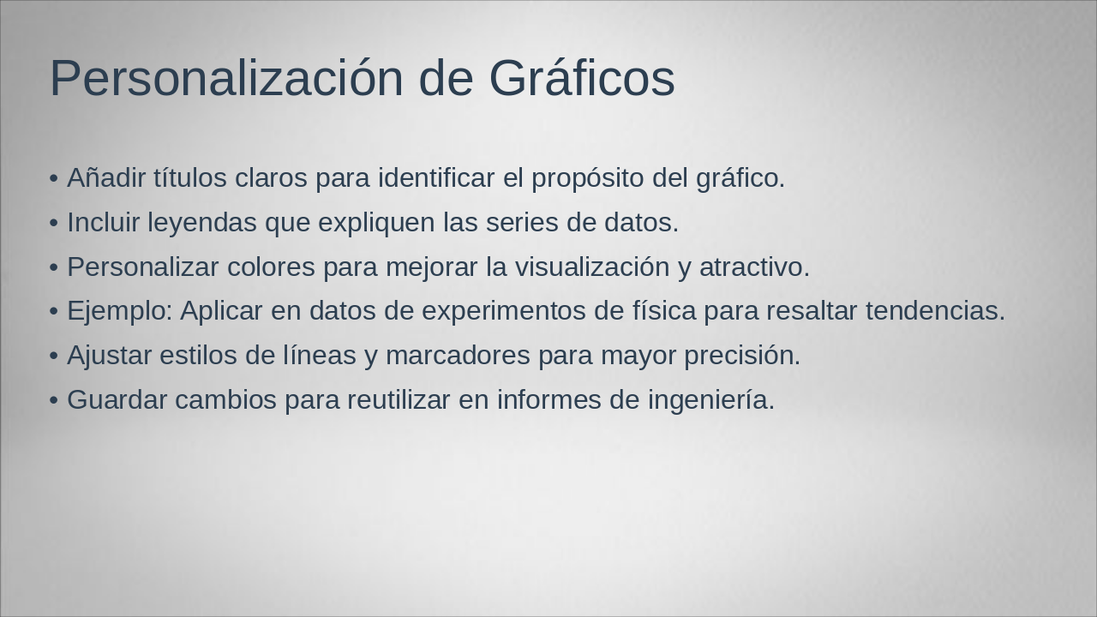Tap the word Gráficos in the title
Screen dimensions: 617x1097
(x=582, y=78)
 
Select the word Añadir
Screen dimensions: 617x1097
(x=106, y=178)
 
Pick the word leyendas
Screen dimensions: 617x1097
(x=201, y=223)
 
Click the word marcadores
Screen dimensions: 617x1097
(x=458, y=356)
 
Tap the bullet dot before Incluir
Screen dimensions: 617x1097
(x=54, y=224)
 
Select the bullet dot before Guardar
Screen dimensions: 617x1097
(x=54, y=401)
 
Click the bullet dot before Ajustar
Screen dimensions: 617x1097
(x=54, y=356)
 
